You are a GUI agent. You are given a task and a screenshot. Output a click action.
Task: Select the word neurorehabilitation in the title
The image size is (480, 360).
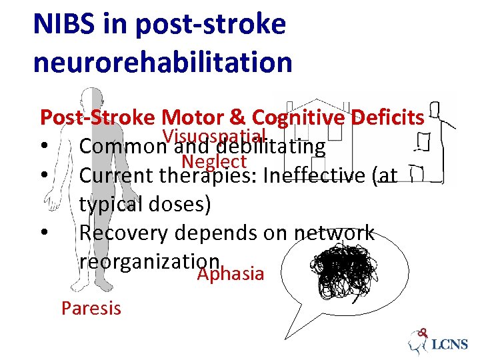[x=163, y=63]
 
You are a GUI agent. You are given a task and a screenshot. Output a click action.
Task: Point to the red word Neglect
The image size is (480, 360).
[x=214, y=161]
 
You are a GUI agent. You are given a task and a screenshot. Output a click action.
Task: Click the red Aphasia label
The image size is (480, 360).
[x=231, y=274]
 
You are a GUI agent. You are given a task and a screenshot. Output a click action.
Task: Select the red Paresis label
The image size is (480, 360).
[x=91, y=308]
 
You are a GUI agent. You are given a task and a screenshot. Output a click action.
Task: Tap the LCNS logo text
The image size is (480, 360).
[x=450, y=345]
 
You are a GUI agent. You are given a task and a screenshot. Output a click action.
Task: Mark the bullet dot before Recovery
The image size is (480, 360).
[x=43, y=233]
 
